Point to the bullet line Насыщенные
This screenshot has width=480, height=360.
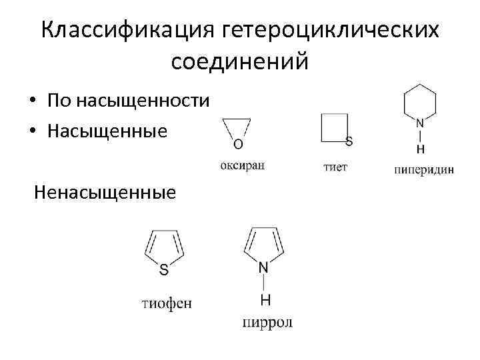(107, 131)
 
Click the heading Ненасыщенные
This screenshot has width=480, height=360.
(105, 193)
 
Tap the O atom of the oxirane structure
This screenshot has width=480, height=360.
(238, 143)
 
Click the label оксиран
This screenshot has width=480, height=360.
(242, 166)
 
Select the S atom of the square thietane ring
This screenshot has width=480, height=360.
(349, 141)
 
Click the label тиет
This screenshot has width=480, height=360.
(335, 167)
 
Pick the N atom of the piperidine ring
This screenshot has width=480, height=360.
(420, 123)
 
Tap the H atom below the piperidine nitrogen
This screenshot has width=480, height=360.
(420, 148)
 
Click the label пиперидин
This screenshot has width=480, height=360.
(424, 169)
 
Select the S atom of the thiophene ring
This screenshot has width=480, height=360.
(164, 270)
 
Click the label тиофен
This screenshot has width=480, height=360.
(167, 304)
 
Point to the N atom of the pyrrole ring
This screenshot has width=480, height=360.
(264, 267)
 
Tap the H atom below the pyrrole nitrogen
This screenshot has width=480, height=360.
(265, 299)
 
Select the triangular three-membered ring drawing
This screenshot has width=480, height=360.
(237, 127)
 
